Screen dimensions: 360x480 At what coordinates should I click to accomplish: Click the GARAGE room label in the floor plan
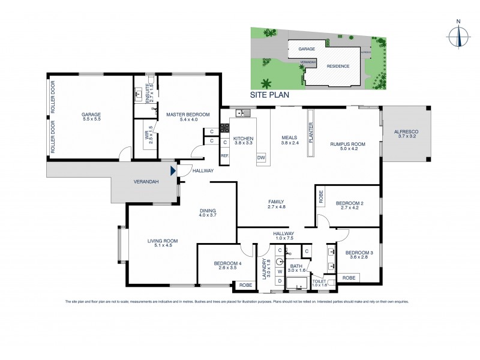click(91, 114)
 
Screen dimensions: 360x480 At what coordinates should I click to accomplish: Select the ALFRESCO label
click(406, 131)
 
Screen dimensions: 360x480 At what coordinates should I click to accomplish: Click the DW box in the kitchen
click(261, 158)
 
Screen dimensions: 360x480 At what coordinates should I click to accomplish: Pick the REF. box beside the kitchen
click(225, 156)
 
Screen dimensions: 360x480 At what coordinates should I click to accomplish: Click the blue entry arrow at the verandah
click(174, 172)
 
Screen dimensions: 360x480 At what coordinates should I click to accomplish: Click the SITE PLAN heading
click(270, 95)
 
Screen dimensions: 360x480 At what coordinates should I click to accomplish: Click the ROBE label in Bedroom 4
click(245, 284)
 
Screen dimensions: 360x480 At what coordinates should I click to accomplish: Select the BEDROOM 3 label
click(359, 252)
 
